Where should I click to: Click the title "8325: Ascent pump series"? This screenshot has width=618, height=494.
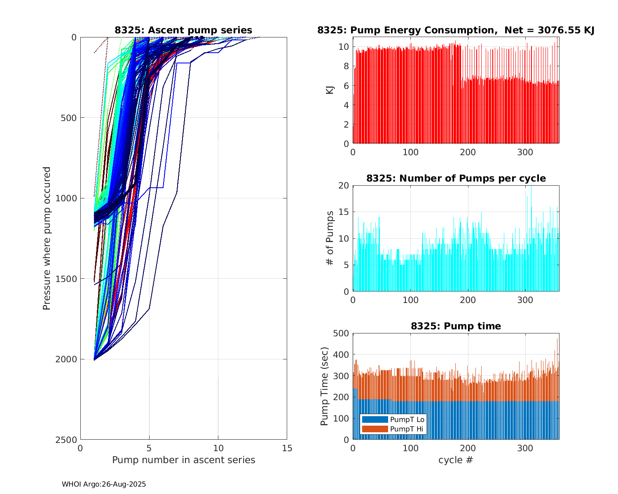pyautogui.click(x=183, y=30)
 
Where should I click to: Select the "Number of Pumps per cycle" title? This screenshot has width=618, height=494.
pyautogui.click(x=456, y=178)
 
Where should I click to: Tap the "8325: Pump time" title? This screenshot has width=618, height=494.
pyautogui.click(x=456, y=326)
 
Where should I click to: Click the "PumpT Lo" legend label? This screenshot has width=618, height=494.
pyautogui.click(x=407, y=419)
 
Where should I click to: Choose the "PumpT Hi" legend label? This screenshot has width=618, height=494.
pyautogui.click(x=406, y=429)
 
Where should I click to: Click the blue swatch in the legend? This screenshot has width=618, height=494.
pyautogui.click(x=375, y=419)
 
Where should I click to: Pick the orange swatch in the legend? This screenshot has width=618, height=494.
pyautogui.click(x=375, y=429)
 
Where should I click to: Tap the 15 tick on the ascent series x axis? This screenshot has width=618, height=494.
pyautogui.click(x=287, y=448)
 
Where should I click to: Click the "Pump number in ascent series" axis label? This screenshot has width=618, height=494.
pyautogui.click(x=183, y=460)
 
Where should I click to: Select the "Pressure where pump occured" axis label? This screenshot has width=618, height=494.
pyautogui.click(x=47, y=238)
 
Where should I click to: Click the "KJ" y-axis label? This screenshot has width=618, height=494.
pyautogui.click(x=330, y=90)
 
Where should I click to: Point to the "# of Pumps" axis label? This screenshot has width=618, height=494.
pyautogui.click(x=330, y=238)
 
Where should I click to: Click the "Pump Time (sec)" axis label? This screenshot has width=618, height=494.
pyautogui.click(x=325, y=386)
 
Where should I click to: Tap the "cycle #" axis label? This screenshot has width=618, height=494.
pyautogui.click(x=456, y=460)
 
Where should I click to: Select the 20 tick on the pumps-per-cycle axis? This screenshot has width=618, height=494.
pyautogui.click(x=344, y=185)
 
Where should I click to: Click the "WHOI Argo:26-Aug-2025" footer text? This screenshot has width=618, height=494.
pyautogui.click(x=104, y=484)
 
